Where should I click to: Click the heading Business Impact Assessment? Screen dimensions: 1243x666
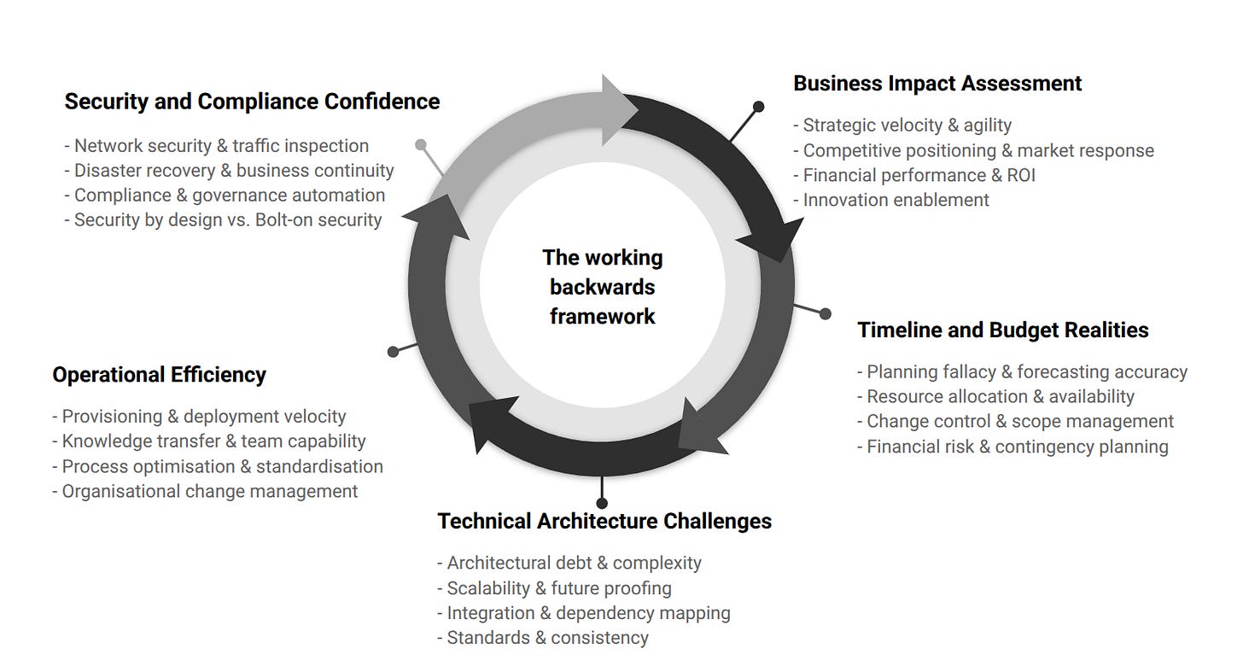[937, 84]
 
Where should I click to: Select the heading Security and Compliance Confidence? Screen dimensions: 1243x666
[252, 102]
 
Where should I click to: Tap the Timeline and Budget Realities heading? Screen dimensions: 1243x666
[1003, 330]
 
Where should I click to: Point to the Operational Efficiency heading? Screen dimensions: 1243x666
[159, 375]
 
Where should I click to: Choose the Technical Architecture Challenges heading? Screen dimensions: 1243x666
[604, 522]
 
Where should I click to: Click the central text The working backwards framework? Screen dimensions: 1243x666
[603, 287]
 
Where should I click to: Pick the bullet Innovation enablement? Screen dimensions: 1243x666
[896, 200]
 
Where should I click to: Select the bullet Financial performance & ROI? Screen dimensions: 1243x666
[919, 175]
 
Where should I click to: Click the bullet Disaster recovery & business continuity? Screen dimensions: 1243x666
[229, 171]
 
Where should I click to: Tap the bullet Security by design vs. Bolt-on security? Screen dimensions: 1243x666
[223, 220]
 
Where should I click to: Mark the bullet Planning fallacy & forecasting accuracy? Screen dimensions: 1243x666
[1022, 372]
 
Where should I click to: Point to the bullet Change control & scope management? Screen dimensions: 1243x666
[1015, 422]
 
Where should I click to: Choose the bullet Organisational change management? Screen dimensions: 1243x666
[205, 492]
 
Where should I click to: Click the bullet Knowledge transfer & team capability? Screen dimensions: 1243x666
[209, 441]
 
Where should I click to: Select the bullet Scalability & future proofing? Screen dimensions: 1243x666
[554, 588]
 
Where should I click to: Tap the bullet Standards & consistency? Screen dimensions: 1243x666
[542, 638]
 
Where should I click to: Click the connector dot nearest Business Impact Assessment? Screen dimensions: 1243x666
[758, 107]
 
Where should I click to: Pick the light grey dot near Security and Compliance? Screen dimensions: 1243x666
[420, 145]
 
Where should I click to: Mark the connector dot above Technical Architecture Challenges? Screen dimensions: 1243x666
[602, 503]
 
